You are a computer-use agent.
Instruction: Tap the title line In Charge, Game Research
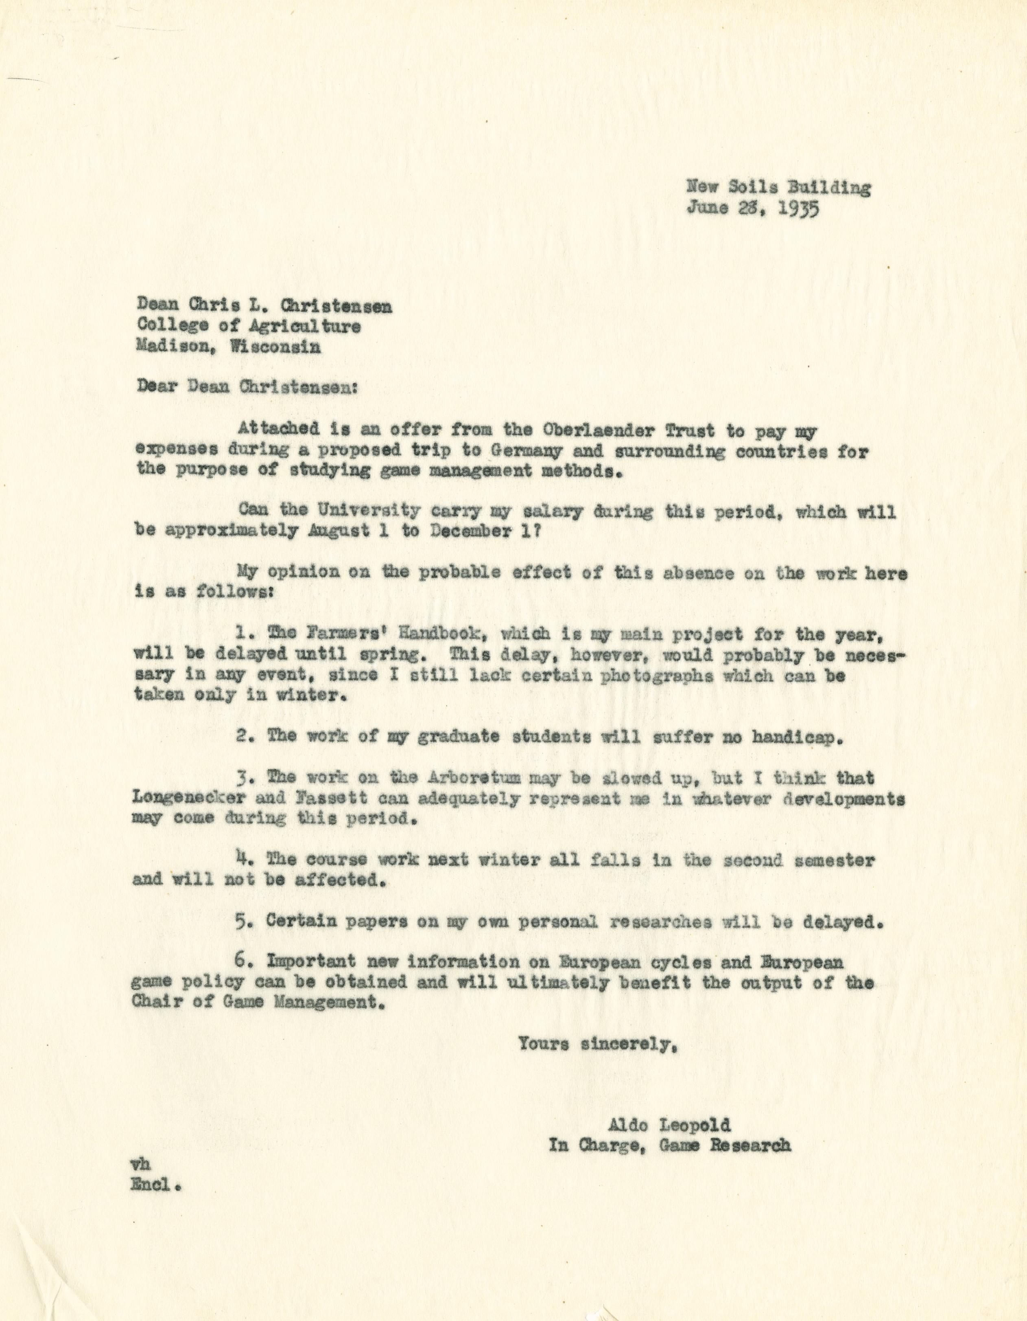click(669, 1145)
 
